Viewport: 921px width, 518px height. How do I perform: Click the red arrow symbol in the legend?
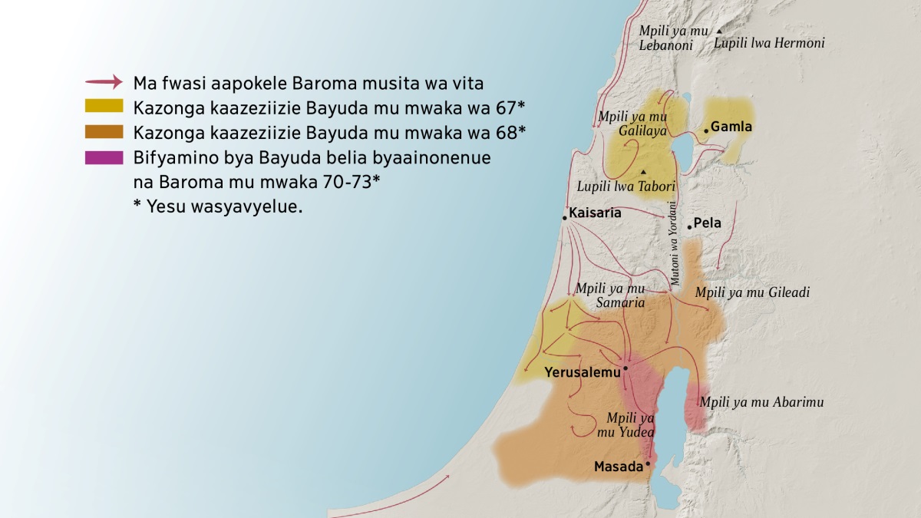coord(104,81)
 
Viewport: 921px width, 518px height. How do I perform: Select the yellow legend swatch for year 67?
coord(104,106)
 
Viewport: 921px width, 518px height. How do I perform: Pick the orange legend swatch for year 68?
coord(104,131)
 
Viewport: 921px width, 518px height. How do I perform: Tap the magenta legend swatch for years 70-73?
coord(104,157)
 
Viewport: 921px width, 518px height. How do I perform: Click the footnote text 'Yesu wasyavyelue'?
coord(218,207)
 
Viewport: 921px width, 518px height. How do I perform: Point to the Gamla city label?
coord(731,127)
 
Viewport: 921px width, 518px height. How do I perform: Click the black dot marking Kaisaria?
coord(565,219)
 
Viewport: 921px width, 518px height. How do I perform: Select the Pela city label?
coord(707,224)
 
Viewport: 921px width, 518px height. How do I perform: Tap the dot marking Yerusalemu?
coord(626,368)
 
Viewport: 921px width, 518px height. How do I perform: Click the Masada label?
coord(618,467)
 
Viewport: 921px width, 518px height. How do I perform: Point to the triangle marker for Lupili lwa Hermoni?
coord(718,31)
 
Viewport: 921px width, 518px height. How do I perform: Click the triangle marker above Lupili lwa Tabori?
coord(643,171)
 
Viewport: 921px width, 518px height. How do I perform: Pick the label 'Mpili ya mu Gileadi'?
coord(752,292)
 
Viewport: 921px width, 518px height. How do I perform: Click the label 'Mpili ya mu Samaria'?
coord(610,296)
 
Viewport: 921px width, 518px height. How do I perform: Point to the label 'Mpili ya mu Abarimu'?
coord(761,402)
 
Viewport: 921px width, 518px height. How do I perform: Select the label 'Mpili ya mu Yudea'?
coord(630,425)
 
